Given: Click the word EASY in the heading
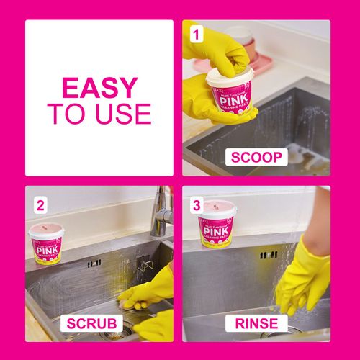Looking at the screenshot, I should [x=99, y=87].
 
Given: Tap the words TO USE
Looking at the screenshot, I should [x=99, y=114].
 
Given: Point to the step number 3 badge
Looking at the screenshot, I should [x=196, y=204].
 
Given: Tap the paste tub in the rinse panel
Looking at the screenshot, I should [x=215, y=222].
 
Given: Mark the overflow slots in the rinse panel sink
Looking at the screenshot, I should [x=269, y=255].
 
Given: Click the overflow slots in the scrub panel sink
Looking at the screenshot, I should [x=94, y=264].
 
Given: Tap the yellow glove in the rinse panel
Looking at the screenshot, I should [x=302, y=274].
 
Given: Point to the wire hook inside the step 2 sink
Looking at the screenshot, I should [x=147, y=267].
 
